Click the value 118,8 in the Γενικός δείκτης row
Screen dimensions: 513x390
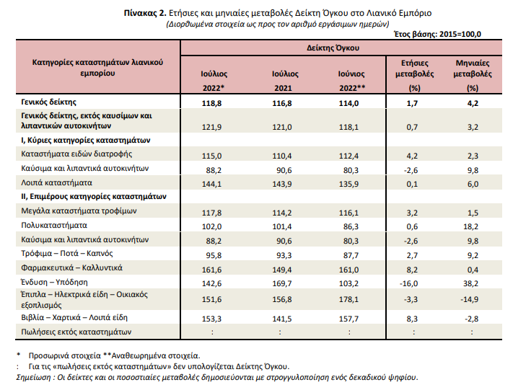(211, 103)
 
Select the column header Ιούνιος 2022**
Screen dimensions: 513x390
(351, 81)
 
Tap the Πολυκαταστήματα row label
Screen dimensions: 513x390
(54, 225)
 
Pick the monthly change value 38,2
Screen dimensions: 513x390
(470, 283)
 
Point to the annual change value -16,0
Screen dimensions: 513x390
(408, 283)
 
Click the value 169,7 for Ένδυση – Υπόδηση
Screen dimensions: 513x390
(282, 283)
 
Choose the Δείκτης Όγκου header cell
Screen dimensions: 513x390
(333, 48)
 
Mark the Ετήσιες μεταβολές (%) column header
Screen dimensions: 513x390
(415, 76)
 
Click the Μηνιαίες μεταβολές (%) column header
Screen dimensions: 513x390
(473, 76)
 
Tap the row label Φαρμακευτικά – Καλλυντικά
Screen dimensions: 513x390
(71, 267)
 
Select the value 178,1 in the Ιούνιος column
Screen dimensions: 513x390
(348, 299)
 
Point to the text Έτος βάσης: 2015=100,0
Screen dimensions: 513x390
(437, 34)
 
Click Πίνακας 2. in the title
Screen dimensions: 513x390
(145, 13)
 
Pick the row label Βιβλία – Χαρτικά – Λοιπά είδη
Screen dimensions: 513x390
(74, 317)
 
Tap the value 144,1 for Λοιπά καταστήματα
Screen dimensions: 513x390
(211, 184)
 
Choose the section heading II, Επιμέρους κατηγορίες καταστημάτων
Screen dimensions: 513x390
(94, 197)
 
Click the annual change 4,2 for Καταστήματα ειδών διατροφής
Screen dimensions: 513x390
(412, 156)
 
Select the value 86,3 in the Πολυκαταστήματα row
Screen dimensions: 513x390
(351, 226)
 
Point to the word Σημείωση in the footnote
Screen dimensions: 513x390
(33, 377)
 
